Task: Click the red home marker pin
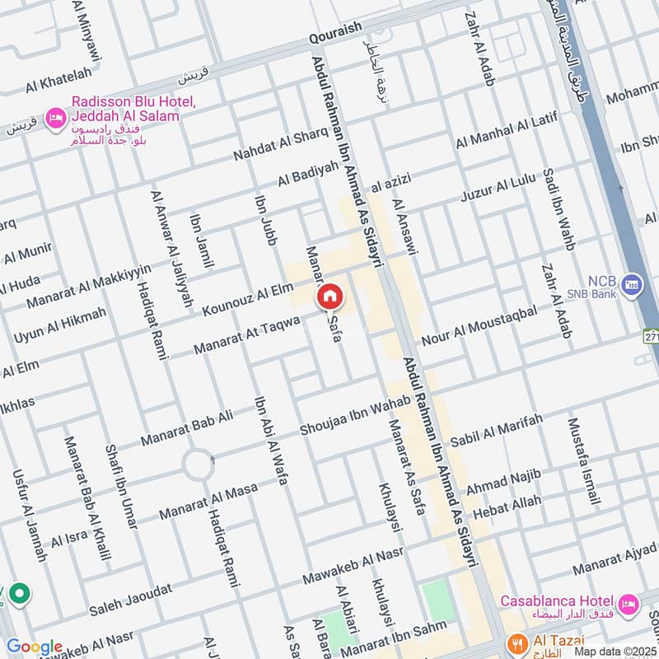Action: (x=329, y=297)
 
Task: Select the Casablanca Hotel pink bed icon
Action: (x=629, y=604)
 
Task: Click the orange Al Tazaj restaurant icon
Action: (x=516, y=641)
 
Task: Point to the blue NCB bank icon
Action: (x=632, y=284)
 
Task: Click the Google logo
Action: (x=34, y=647)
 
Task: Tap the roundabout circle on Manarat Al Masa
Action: (x=198, y=465)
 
